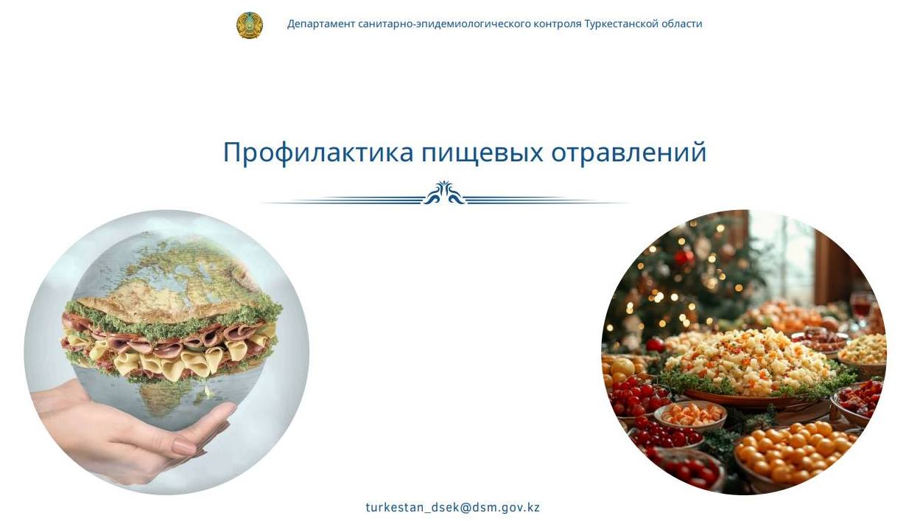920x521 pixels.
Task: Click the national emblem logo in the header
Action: click(249, 25)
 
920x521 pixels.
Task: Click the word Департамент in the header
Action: click(321, 24)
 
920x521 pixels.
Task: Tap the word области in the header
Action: click(682, 24)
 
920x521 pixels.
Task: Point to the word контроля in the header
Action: click(557, 24)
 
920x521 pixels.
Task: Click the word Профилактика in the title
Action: click(318, 153)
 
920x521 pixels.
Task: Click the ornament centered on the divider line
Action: click(443, 194)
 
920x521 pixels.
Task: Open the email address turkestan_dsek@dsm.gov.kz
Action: click(452, 507)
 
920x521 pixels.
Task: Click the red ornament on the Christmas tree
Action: click(684, 258)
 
